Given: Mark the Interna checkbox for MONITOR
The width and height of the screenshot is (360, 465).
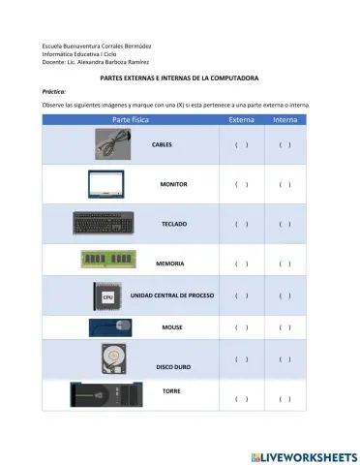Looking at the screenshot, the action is click(x=285, y=184).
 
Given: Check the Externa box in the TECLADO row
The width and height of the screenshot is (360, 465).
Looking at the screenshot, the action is click(x=241, y=224).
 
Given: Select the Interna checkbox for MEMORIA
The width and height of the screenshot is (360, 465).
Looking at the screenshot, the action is click(x=285, y=263).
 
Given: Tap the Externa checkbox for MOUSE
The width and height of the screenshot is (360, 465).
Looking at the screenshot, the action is click(x=241, y=327).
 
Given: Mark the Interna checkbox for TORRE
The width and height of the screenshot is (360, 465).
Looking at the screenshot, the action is click(x=285, y=398).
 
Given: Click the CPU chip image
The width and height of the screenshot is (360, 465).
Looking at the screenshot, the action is click(x=107, y=294).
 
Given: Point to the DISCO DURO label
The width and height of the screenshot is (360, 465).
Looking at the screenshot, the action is click(x=174, y=367).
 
